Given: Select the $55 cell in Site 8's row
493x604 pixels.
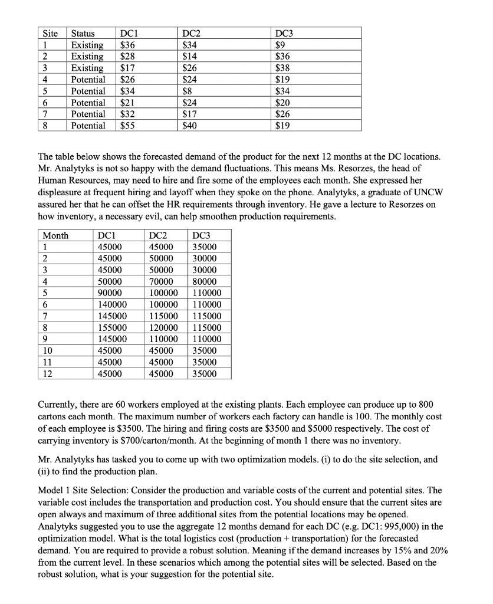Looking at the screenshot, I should tap(127, 125).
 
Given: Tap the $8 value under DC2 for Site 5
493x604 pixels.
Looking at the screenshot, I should tap(189, 91).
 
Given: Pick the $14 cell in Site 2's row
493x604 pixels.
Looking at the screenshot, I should tap(190, 57).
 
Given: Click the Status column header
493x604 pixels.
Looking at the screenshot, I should tap(84, 34).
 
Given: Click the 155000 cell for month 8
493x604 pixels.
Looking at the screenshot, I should tap(111, 328).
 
